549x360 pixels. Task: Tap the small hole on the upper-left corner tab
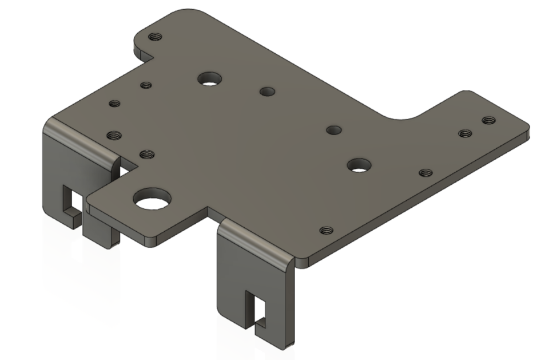tap(155, 37)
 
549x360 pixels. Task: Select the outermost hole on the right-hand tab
tap(488, 120)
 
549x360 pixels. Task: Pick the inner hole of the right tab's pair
tap(465, 134)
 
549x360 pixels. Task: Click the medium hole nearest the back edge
tap(210, 78)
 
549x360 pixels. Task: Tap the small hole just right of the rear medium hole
tap(267, 92)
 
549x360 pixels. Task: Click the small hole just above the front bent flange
tap(326, 230)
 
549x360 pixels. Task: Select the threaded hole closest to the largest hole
tap(147, 154)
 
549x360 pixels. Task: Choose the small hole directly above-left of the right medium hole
tap(333, 130)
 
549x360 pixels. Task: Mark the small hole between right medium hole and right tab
tap(425, 173)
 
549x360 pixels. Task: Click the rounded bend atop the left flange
tap(80, 138)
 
